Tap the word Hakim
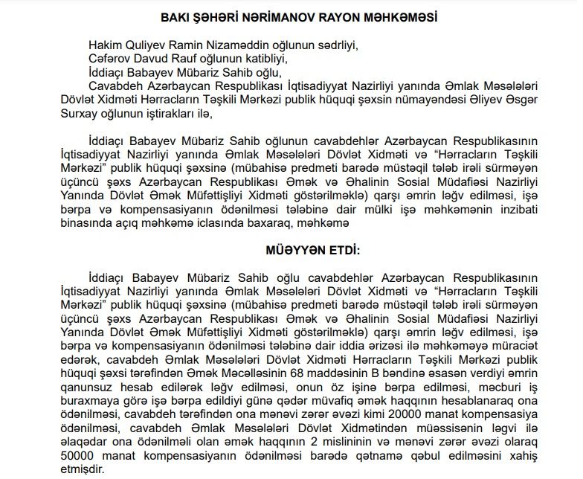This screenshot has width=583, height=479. click(104, 45)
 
